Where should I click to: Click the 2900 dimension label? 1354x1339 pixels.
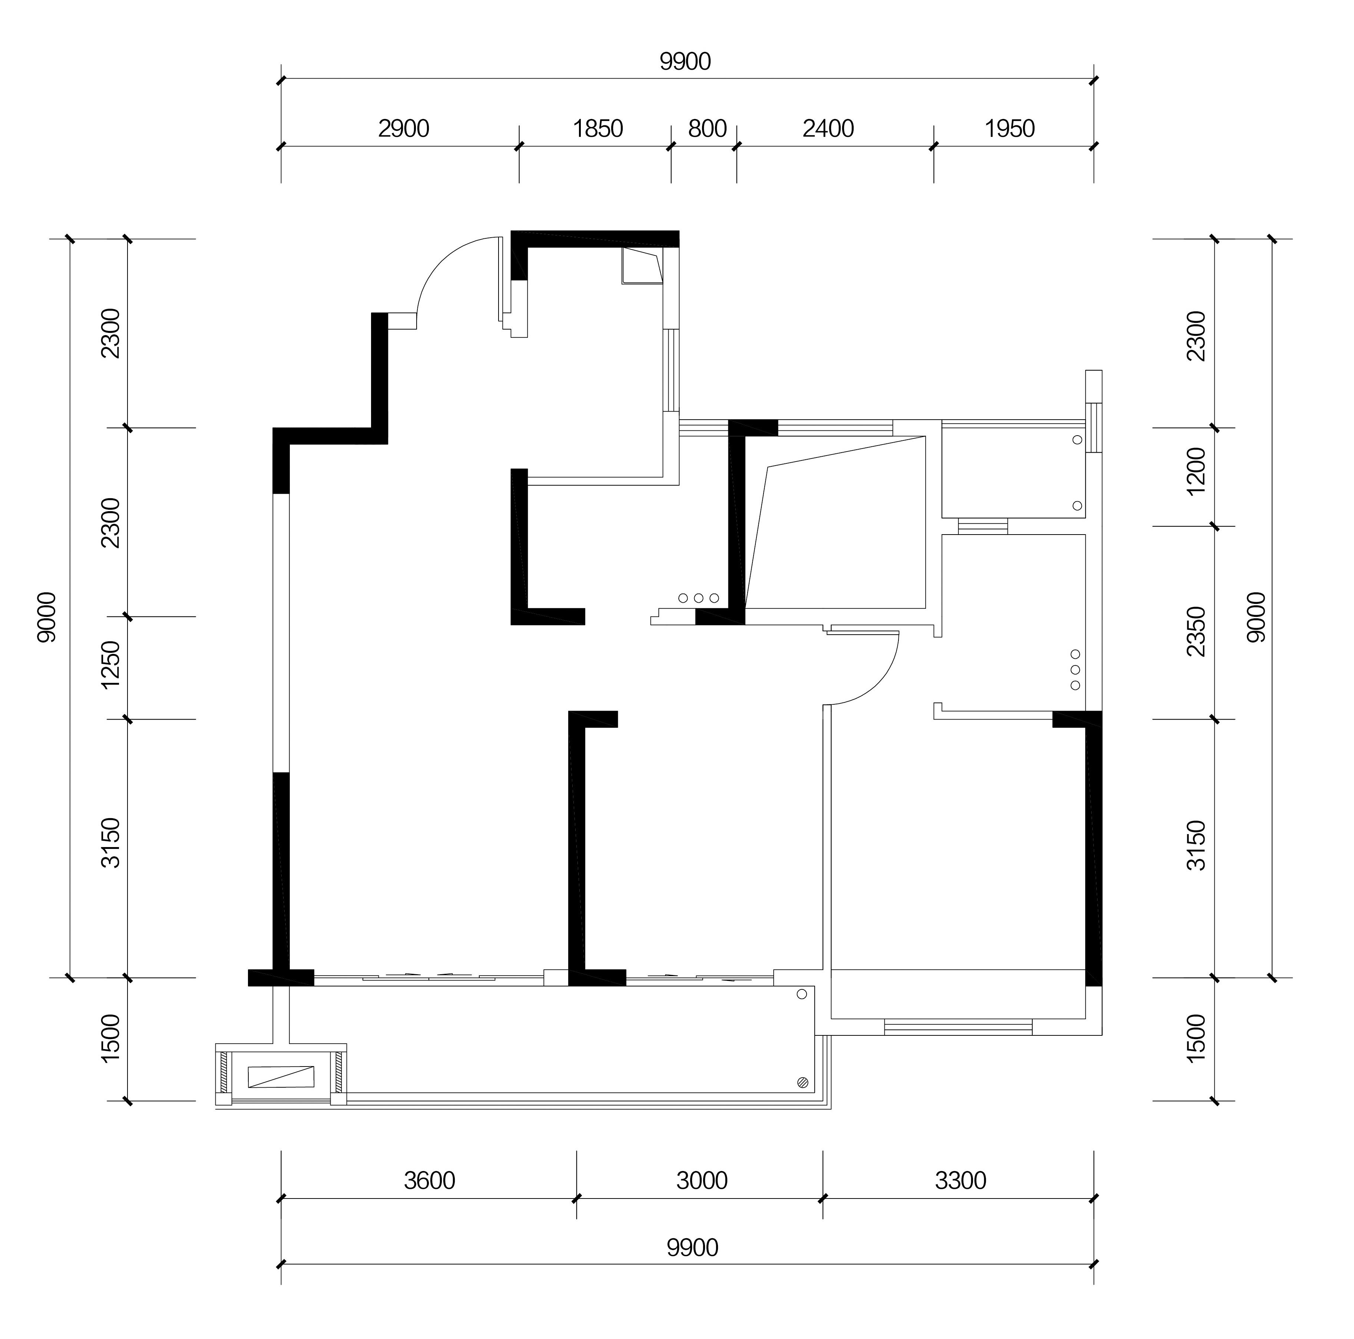pos(404,129)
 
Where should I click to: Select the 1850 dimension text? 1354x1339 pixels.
pos(598,129)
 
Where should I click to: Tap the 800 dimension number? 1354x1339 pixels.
pos(707,129)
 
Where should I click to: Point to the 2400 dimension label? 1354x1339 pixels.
pos(828,129)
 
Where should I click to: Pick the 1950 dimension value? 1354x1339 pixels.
pos(1010,129)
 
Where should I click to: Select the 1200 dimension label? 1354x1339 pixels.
pos(1197,471)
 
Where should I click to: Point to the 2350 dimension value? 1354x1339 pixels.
pos(1197,632)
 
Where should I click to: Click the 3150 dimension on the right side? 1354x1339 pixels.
pos(1197,846)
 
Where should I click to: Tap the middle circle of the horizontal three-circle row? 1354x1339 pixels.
pos(699,598)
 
